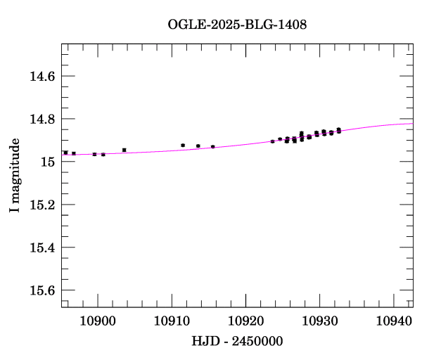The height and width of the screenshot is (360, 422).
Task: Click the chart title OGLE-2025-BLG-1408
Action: coord(237,25)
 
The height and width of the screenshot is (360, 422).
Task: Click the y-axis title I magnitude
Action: coord(14,176)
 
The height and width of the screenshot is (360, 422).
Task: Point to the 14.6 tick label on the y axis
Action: coord(42,76)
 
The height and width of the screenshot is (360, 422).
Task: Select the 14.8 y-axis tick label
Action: coord(42,119)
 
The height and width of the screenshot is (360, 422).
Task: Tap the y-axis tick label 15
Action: coord(48,162)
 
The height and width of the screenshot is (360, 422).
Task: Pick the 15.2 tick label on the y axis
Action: coord(42,205)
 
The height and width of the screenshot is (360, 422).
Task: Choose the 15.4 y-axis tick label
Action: coord(42,247)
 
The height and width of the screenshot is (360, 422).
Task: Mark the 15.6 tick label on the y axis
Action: coord(42,290)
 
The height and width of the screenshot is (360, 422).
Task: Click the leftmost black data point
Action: coord(65,153)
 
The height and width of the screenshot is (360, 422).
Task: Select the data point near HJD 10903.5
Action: coord(124,150)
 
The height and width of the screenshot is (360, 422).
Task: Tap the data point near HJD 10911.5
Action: coord(183,145)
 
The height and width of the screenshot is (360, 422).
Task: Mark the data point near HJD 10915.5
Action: coord(212,147)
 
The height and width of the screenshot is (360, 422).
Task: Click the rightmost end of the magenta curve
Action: coord(412,124)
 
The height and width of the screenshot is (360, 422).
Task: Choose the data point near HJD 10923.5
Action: coord(272,141)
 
